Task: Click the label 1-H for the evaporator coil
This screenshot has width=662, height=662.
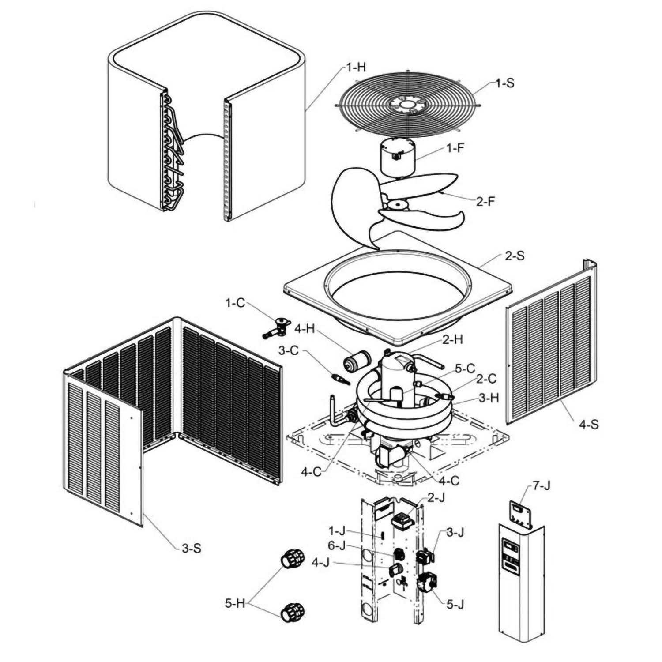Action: [x=356, y=68]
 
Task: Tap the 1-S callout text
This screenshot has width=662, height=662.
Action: [x=504, y=83]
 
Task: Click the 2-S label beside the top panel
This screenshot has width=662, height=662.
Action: [x=514, y=256]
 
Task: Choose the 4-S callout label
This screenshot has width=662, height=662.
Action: [x=589, y=425]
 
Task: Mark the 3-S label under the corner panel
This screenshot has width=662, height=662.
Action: [x=191, y=548]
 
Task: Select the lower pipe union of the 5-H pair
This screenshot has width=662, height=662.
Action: [x=292, y=612]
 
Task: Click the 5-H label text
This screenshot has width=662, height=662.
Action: [x=235, y=603]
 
